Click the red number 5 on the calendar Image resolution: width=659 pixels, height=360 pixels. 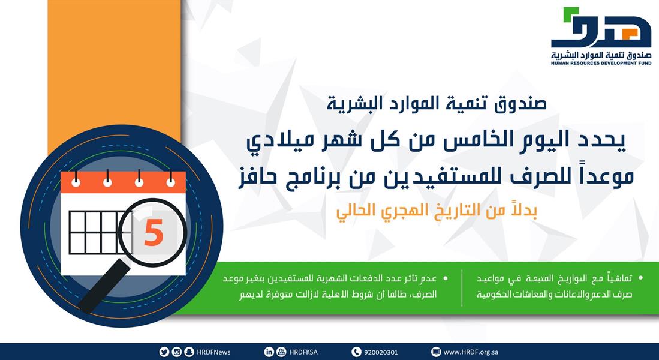(154, 233)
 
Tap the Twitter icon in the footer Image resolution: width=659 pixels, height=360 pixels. (164, 352)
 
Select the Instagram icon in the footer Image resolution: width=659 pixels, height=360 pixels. (176, 352)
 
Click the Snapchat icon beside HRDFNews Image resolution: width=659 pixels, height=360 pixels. (189, 352)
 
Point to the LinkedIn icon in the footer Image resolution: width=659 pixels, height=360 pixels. (269, 352)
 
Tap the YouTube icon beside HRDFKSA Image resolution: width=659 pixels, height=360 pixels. (281, 352)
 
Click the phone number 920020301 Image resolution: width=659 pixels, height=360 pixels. (381, 352)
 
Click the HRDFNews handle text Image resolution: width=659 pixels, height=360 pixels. (213, 352)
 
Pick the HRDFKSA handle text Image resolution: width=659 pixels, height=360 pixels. (305, 352)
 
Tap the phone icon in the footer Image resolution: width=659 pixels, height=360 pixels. (356, 352)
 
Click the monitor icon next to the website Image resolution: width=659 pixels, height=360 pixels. (436, 352)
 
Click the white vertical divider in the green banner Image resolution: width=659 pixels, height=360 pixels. (462, 288)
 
